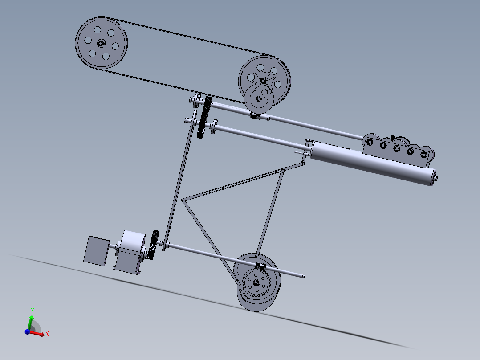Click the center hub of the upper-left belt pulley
[101, 43]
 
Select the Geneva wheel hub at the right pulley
[263, 81]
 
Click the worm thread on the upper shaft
[255, 115]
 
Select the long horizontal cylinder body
[370, 163]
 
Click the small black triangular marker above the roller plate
[393, 137]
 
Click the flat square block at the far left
[96, 251]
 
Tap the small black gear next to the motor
[154, 244]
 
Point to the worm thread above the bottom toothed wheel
[260, 266]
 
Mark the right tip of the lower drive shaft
[304, 276]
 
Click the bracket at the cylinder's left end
[306, 150]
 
